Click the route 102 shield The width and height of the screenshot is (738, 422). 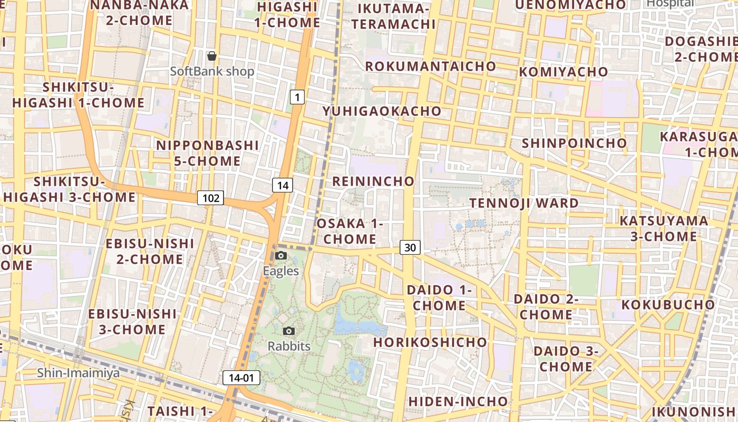click(x=210, y=198)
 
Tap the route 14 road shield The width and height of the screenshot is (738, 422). click(x=283, y=185)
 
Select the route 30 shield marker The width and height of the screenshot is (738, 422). click(x=410, y=247)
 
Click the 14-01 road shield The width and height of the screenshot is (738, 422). click(x=241, y=378)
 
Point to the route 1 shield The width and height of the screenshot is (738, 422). click(x=297, y=97)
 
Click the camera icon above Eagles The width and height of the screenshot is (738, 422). click(x=281, y=256)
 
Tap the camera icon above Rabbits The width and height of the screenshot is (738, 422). click(x=289, y=331)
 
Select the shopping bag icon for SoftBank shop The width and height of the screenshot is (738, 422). click(x=212, y=56)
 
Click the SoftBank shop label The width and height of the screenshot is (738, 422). click(x=212, y=71)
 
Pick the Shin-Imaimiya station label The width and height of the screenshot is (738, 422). click(x=78, y=373)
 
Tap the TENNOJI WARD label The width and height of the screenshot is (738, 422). click(x=524, y=203)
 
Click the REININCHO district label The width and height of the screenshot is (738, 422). click(x=374, y=181)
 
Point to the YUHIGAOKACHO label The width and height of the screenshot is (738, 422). click(x=382, y=111)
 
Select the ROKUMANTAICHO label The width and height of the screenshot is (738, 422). click(x=431, y=66)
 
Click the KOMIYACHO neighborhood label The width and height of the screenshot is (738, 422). click(x=564, y=72)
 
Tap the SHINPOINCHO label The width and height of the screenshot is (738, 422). click(x=574, y=143)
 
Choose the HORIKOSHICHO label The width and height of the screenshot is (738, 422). click(x=431, y=342)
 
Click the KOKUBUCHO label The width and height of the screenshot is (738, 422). click(x=668, y=305)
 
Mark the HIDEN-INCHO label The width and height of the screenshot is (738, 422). click(x=458, y=401)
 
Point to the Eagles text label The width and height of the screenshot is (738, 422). click(x=281, y=271)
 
